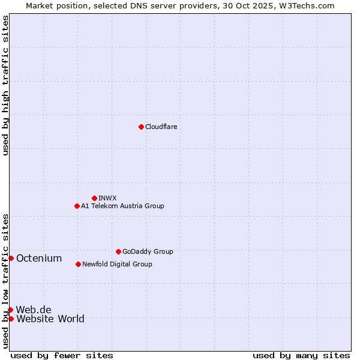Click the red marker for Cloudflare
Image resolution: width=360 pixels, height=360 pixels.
(x=141, y=127)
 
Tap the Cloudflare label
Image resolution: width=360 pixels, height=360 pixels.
(x=161, y=127)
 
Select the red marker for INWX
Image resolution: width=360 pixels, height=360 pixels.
(x=94, y=198)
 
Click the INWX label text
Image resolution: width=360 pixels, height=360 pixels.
(x=107, y=198)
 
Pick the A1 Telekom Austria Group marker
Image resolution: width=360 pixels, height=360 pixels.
(x=77, y=206)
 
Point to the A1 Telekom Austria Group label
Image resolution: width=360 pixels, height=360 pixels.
(x=122, y=206)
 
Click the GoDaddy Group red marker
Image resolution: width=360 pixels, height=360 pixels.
(x=118, y=251)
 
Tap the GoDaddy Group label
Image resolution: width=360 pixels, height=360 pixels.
(x=148, y=251)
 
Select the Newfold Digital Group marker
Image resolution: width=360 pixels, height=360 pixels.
(x=78, y=264)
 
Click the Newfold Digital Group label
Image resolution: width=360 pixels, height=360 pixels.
(x=117, y=264)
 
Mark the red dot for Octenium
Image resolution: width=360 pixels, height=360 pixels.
(x=11, y=258)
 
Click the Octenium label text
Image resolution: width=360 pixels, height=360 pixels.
(x=39, y=258)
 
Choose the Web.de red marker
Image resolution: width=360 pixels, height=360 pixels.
(x=11, y=310)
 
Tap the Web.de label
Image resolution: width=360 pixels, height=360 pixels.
(x=34, y=310)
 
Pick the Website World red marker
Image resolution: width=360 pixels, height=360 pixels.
(x=11, y=319)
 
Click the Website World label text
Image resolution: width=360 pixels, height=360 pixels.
(x=50, y=319)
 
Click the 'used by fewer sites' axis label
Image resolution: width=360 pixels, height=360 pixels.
(x=62, y=355)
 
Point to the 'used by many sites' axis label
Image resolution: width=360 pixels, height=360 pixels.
(x=301, y=355)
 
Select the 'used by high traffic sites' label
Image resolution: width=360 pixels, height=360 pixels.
(x=5, y=85)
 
